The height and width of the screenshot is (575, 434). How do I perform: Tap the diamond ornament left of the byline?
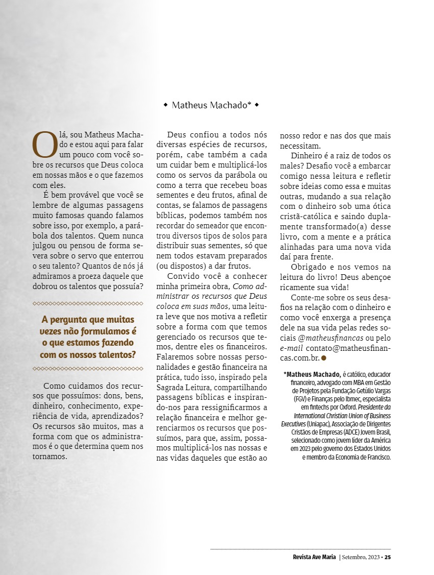point(165,105)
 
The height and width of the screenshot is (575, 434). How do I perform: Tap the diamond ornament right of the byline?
point(256,105)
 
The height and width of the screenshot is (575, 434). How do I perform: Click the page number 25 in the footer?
point(388,557)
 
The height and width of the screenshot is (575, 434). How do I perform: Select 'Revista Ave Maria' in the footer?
point(311,557)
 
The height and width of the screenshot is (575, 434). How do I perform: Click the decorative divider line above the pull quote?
point(88,303)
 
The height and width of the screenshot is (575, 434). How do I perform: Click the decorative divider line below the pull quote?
point(88,368)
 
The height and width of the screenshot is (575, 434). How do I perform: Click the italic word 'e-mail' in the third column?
point(292,348)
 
